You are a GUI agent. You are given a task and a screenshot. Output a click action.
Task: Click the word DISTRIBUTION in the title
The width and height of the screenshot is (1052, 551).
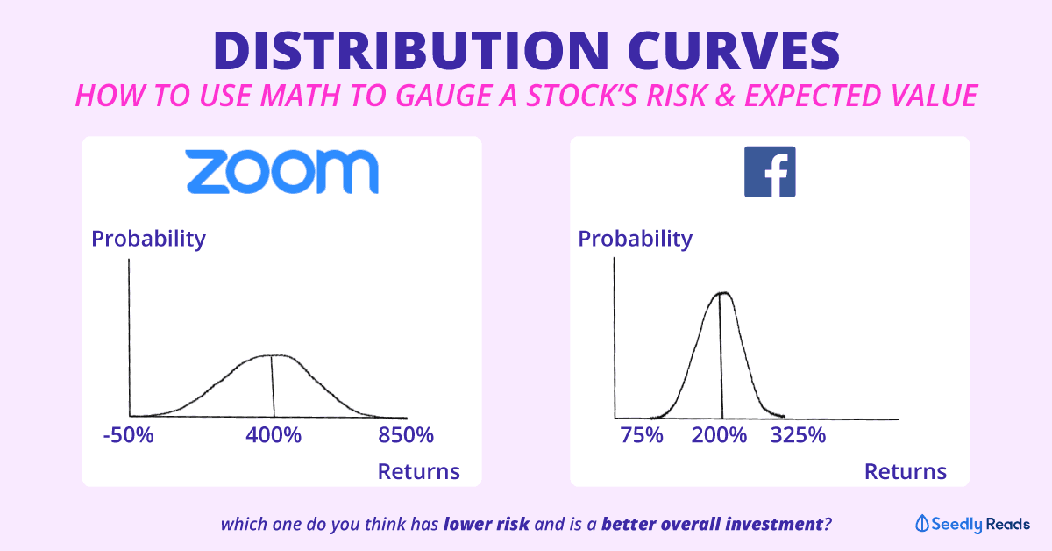point(411,51)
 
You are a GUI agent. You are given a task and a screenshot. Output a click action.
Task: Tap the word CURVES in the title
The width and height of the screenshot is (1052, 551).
point(734,51)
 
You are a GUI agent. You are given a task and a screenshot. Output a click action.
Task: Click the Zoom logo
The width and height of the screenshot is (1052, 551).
point(282,172)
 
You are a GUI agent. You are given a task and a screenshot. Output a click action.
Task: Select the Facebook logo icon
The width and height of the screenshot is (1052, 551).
point(770,172)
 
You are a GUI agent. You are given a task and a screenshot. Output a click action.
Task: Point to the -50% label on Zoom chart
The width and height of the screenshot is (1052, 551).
point(128,435)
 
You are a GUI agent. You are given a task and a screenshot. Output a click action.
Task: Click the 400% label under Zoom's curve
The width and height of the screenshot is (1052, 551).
point(274,435)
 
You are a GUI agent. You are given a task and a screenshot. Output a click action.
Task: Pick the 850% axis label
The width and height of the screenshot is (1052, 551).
point(406,435)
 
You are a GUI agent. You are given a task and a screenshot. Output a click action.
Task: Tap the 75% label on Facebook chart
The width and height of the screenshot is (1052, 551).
point(642,435)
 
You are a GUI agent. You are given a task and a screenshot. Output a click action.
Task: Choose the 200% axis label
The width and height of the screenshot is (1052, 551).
point(719,435)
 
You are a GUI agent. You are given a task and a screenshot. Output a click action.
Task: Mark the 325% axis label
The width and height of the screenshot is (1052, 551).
point(798,435)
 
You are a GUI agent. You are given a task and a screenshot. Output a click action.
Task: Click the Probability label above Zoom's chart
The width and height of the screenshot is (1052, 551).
point(148,239)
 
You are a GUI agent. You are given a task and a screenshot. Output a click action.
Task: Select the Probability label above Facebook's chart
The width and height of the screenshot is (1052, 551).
point(635,239)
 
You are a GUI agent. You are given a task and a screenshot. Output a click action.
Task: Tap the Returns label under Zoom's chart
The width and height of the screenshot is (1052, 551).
point(418,471)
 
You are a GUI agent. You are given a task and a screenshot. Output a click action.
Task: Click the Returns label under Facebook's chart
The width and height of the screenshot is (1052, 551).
point(906,471)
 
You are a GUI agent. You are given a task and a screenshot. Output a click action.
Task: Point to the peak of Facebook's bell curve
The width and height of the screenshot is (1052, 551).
point(723,293)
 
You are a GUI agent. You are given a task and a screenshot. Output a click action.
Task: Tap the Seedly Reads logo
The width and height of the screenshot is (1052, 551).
point(972,524)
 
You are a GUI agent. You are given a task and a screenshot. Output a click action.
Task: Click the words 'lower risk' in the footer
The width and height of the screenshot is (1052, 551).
point(486,524)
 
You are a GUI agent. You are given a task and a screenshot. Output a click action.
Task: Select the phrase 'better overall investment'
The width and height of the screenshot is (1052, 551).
point(712,524)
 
